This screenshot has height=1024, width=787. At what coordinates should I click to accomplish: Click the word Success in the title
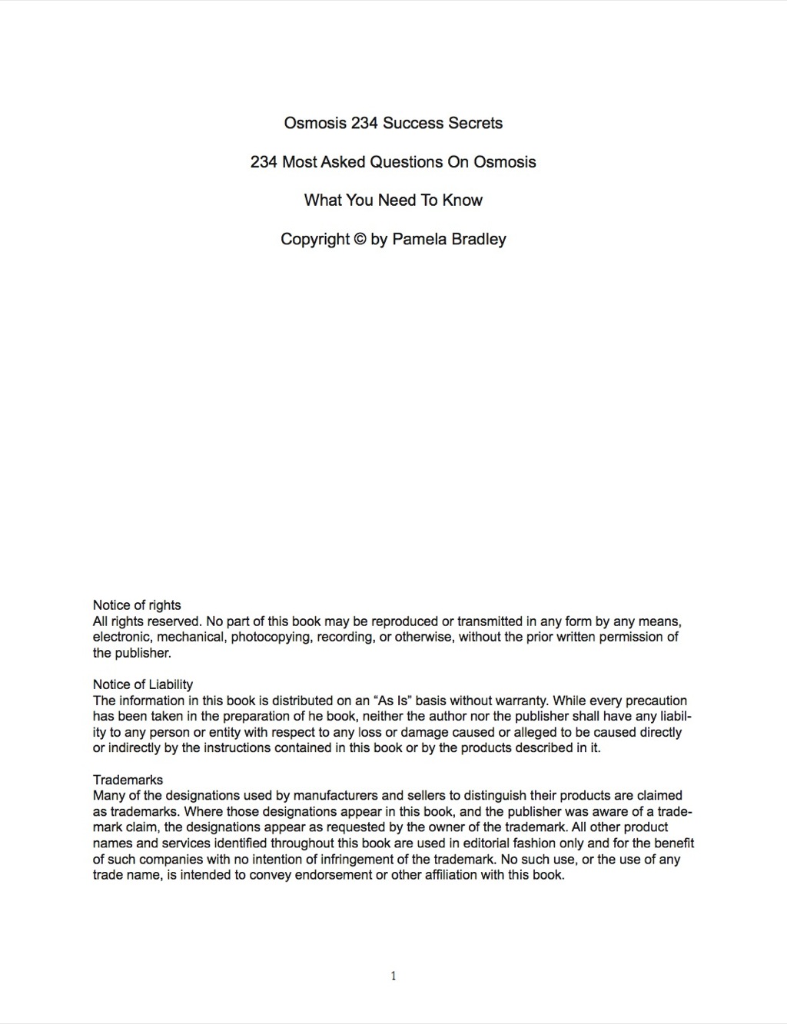coord(413,123)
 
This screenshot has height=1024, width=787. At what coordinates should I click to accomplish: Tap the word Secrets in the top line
coord(475,123)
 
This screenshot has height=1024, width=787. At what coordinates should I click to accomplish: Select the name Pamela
coord(420,239)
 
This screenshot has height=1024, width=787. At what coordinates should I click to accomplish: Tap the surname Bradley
coord(479,239)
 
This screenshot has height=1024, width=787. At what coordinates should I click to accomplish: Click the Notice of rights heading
coord(137,605)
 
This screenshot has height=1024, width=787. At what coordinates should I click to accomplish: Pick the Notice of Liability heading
coord(143,684)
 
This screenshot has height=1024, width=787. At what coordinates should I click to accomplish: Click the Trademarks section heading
coord(128,780)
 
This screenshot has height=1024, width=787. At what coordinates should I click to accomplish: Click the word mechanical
coord(190,638)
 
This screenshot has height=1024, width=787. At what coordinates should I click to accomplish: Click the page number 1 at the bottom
coord(393,976)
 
